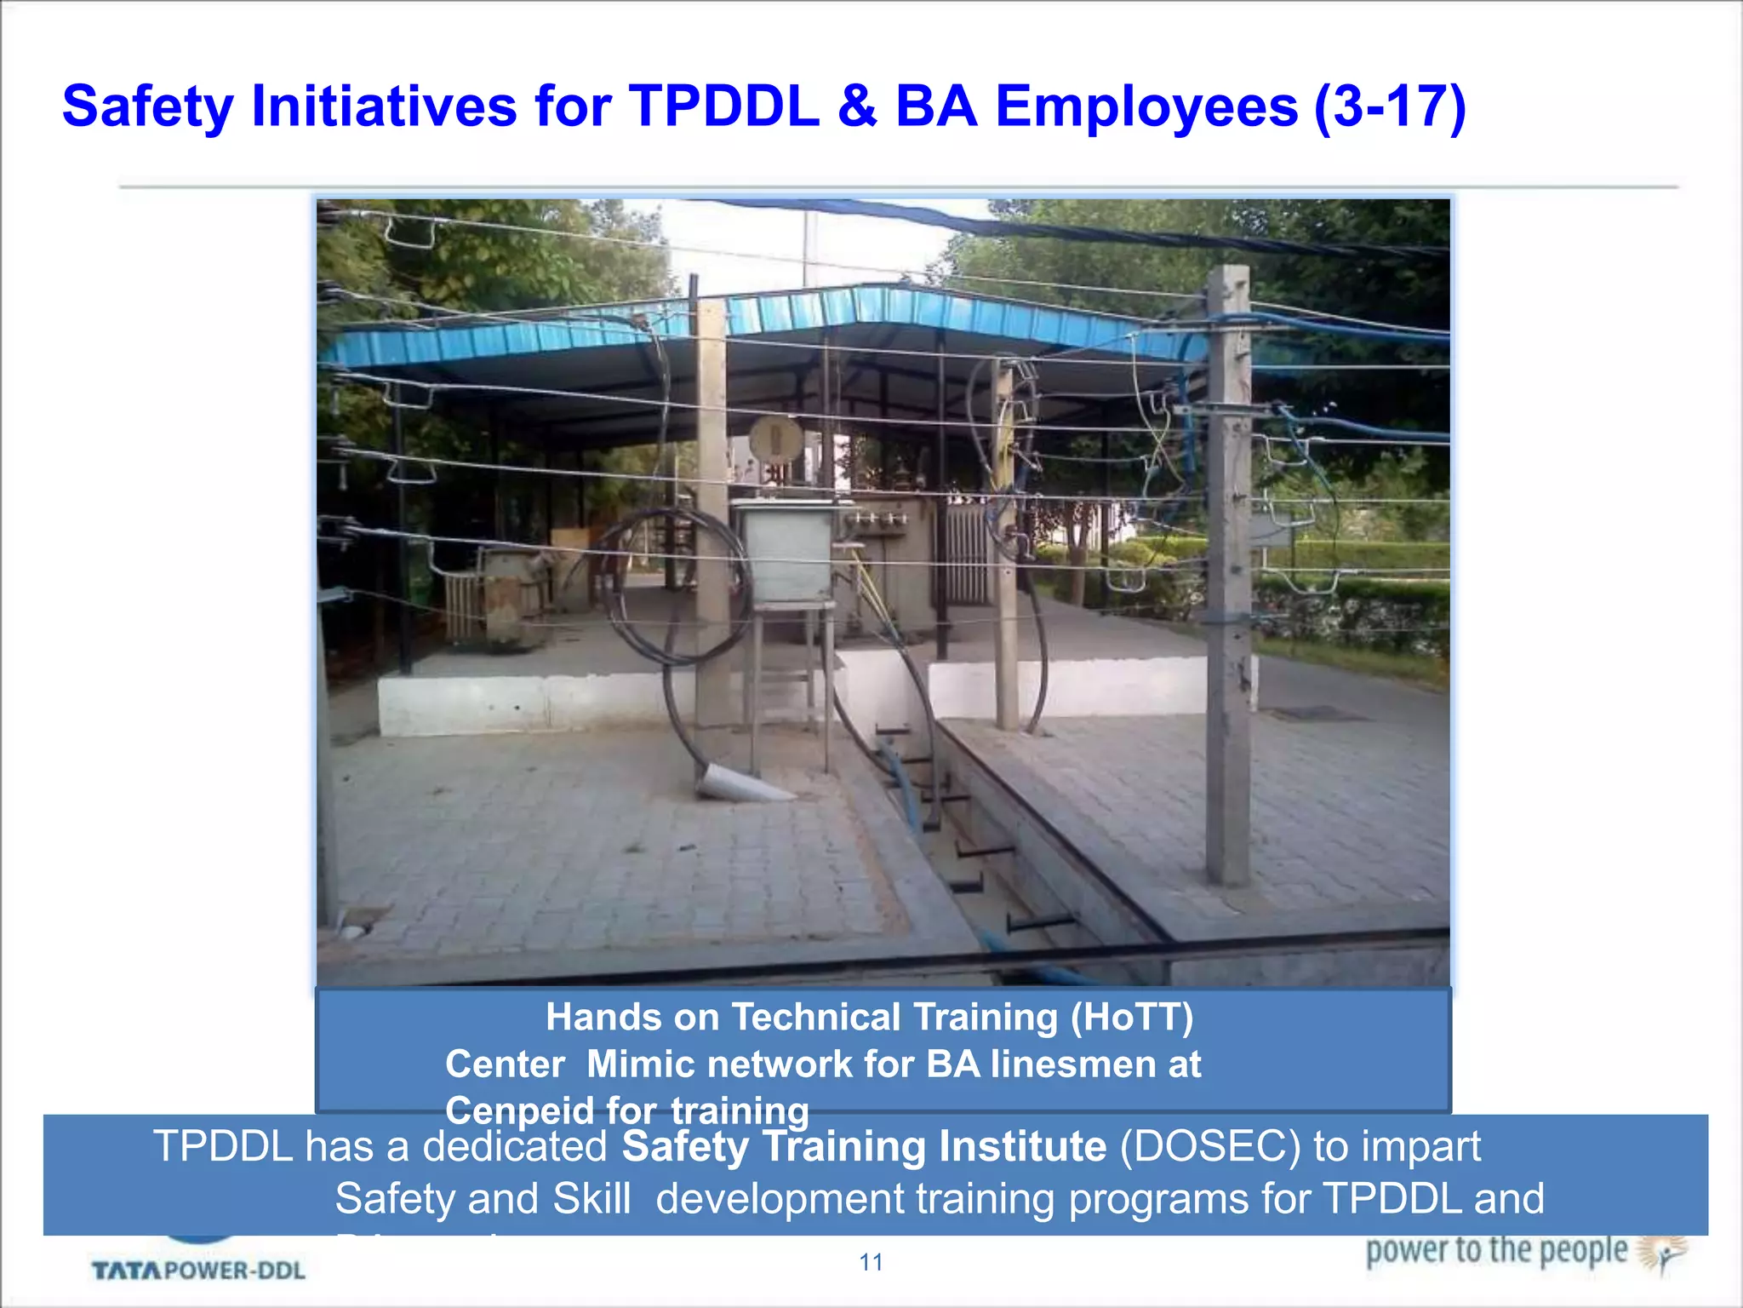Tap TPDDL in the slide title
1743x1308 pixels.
pyautogui.click(x=724, y=107)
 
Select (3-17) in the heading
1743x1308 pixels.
pyautogui.click(x=1390, y=107)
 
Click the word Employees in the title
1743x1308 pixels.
pyautogui.click(x=1146, y=107)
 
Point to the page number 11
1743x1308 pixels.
pyautogui.click(x=871, y=1262)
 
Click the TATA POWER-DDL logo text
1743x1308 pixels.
pyautogui.click(x=198, y=1271)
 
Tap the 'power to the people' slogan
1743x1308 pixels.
pyautogui.click(x=1496, y=1251)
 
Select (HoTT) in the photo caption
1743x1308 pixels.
pyautogui.click(x=1132, y=1017)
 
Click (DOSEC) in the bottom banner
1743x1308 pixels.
pyautogui.click(x=1209, y=1147)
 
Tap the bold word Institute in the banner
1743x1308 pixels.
pyautogui.click(x=1022, y=1147)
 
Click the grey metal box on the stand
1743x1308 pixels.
pyautogui.click(x=785, y=552)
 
